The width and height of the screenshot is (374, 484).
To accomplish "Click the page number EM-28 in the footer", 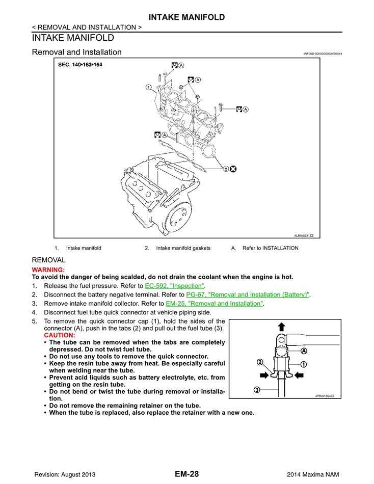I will click(186, 474).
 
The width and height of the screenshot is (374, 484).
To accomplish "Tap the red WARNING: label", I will click(48, 270).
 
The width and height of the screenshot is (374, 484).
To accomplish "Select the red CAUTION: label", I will click(60, 335).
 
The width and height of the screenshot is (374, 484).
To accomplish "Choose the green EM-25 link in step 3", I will click(215, 303).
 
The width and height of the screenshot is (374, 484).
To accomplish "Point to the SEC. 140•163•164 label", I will click(80, 65).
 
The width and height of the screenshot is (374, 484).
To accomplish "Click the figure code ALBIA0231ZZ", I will click(304, 235).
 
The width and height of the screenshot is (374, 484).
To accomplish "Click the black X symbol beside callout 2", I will click(233, 169).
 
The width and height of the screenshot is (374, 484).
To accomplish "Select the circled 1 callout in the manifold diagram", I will click(148, 87).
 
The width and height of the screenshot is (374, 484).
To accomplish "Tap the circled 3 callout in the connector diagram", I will click(257, 390).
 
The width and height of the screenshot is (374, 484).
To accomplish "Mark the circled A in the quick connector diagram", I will click(304, 351).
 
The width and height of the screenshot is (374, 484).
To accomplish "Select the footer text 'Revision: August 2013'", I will click(65, 474).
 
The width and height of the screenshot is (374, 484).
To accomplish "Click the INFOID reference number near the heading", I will click(322, 53).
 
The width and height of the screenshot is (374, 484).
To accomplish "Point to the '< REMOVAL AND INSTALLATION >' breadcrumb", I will click(87, 27).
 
